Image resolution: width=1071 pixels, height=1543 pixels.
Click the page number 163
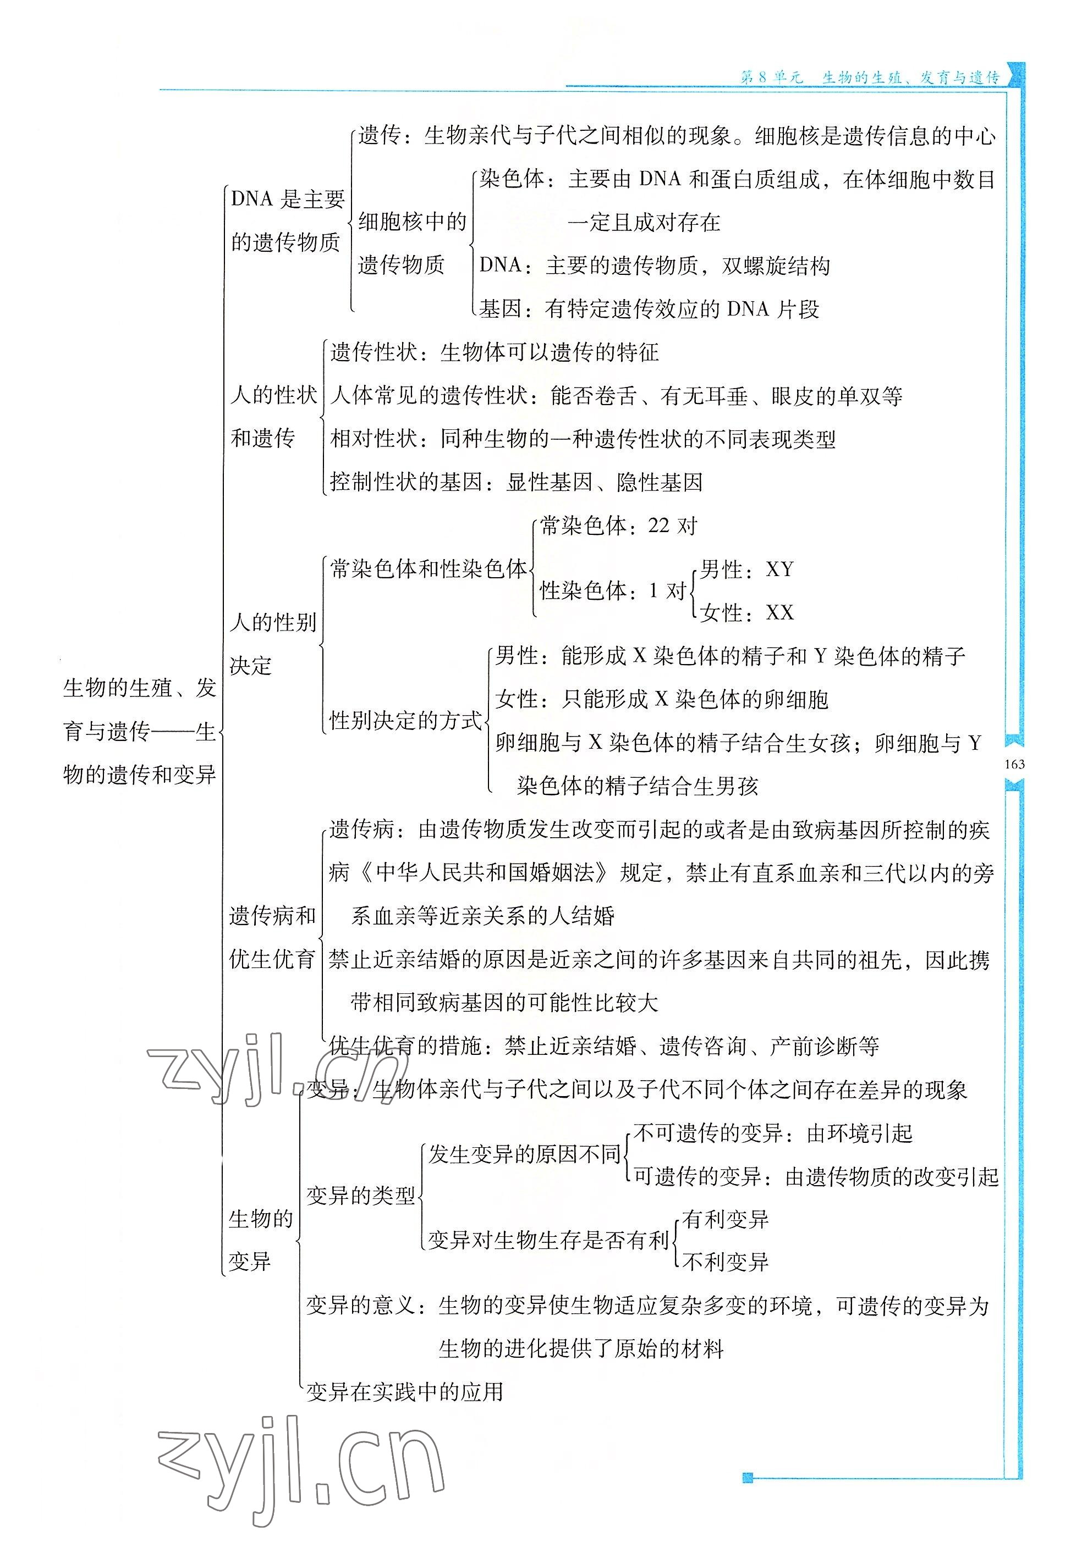coord(1015,764)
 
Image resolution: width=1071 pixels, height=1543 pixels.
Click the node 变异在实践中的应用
coord(405,1392)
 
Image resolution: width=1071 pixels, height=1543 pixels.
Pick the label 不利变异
coord(726,1262)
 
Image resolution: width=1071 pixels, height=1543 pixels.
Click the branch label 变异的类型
coord(361,1195)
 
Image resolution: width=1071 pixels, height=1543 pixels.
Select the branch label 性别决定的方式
coord(405,720)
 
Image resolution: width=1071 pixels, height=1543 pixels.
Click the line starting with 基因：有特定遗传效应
coord(649,308)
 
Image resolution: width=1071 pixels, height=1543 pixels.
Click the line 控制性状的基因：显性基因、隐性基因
coord(516,482)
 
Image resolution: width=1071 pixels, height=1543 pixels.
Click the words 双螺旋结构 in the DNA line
coord(776,266)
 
